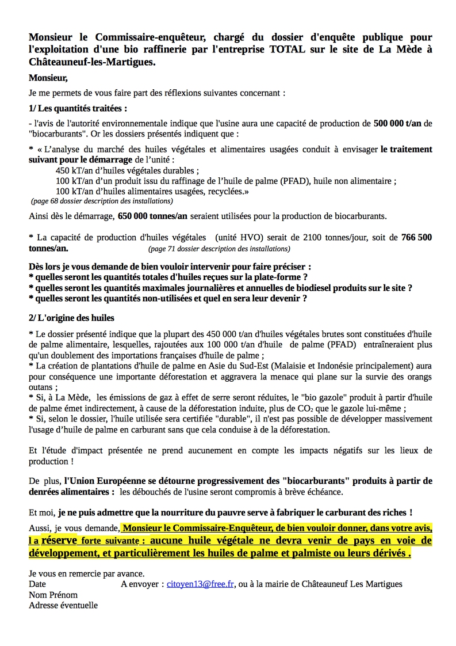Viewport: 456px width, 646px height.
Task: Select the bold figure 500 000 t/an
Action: tap(398, 123)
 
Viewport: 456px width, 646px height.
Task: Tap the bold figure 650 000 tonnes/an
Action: tap(152, 216)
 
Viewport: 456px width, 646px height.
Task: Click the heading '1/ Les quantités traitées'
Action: tap(78, 108)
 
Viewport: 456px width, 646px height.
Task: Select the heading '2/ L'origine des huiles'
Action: tap(71, 318)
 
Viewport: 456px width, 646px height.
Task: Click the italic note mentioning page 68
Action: tap(101, 202)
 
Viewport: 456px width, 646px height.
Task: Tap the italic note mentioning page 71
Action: tap(219, 249)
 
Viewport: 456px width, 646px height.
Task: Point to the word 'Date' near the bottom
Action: tap(37, 584)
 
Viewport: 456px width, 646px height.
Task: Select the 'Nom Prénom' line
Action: tap(53, 595)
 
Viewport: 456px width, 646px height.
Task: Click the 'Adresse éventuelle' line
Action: tap(63, 605)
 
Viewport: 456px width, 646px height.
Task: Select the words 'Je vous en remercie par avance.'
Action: tap(87, 573)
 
